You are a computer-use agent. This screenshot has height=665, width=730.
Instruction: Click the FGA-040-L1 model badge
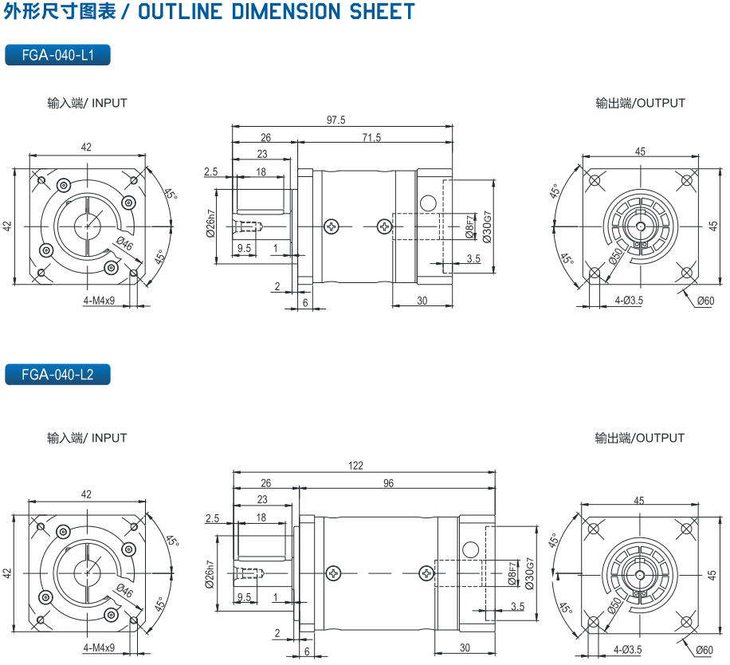click(57, 55)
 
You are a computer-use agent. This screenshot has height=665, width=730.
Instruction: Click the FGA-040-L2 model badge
click(57, 374)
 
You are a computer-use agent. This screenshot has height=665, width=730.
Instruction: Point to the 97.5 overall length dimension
click(336, 120)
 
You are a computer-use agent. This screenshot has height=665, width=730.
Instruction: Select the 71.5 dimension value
click(371, 138)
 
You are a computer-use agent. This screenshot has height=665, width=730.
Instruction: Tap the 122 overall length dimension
click(356, 465)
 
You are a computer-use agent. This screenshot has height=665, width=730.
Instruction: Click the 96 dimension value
click(388, 483)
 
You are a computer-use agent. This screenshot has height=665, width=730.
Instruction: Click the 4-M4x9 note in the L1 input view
click(99, 301)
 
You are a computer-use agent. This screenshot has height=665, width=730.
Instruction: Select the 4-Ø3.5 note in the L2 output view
click(628, 650)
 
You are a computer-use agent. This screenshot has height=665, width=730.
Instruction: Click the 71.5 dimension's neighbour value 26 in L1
click(265, 138)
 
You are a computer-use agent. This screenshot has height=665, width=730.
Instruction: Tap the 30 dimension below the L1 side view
click(422, 301)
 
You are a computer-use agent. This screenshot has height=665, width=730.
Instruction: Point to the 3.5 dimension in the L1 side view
click(473, 258)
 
